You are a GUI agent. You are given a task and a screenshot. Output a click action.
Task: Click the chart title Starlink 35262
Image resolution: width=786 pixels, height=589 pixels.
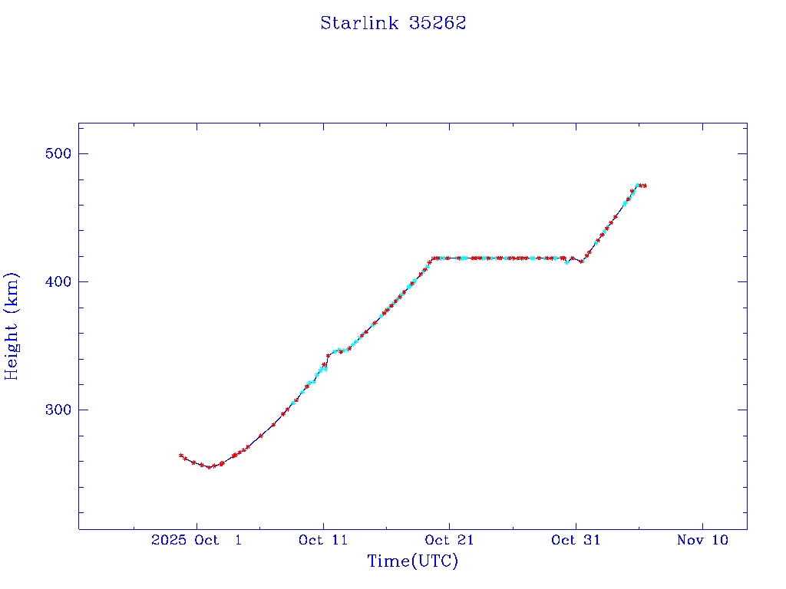coord(393,23)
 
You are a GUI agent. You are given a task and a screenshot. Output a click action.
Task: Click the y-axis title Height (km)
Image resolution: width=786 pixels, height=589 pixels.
coord(12,326)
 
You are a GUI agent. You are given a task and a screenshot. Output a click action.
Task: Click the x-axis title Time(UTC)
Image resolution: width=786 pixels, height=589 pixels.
coord(412,561)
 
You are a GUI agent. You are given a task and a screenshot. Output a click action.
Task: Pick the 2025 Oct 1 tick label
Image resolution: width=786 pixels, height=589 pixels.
coord(196,540)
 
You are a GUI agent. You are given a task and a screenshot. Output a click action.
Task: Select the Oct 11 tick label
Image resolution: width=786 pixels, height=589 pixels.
coord(323,540)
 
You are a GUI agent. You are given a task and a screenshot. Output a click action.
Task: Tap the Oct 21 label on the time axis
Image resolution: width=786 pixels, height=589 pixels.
coord(449,540)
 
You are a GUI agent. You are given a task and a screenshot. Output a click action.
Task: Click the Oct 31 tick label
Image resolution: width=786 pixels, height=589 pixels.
coord(576,540)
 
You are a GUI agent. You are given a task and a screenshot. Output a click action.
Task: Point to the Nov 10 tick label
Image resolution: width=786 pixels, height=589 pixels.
coord(702,540)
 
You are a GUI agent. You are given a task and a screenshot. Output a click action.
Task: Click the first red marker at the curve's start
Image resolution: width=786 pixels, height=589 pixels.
coord(181,456)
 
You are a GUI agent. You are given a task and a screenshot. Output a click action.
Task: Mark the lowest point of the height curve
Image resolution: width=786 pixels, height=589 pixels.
coord(209,467)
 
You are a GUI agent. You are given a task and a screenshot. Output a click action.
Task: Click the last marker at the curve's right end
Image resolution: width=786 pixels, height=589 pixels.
coord(645,186)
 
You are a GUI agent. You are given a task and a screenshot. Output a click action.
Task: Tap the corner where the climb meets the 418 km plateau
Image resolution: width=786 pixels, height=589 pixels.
coord(433,258)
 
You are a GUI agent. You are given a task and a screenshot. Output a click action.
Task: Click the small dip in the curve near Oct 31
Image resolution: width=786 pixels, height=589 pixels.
coord(581,262)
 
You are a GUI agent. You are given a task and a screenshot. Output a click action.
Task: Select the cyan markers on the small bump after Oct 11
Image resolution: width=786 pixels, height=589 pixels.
coord(338,350)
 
